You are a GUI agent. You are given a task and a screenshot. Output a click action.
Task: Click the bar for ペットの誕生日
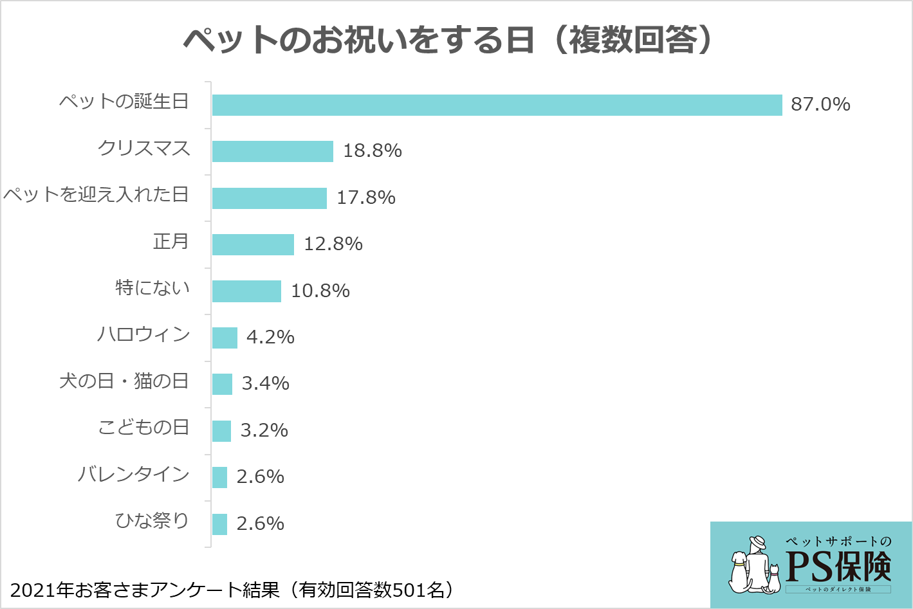497,105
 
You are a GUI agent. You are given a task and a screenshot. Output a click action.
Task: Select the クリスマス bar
273,151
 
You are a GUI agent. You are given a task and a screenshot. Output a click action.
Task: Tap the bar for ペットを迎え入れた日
270,198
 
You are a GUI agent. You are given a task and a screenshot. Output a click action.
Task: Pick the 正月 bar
253,244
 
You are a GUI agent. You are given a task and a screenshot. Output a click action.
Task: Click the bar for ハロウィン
225,338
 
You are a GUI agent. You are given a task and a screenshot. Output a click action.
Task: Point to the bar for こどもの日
221,431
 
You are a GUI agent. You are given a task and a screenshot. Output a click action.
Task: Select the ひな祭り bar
219,524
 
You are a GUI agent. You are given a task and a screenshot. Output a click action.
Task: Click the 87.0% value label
820,104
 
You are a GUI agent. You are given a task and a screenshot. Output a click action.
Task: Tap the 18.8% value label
373,150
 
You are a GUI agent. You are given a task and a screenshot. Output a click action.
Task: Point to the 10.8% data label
320,291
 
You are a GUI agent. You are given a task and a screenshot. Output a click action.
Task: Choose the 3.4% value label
265,383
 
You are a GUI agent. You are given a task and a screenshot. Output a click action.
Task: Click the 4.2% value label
270,337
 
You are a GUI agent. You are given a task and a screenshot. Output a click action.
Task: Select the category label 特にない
152,287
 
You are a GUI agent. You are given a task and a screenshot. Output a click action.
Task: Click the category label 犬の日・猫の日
124,381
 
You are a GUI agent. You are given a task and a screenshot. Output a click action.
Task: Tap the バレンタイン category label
133,475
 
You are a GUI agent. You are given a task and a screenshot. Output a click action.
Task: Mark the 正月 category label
171,241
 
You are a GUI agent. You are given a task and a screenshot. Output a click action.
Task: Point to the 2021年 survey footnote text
232,589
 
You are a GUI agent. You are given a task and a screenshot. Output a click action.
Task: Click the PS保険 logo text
838,566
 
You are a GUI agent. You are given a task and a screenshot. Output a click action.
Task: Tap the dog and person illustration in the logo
753,566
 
